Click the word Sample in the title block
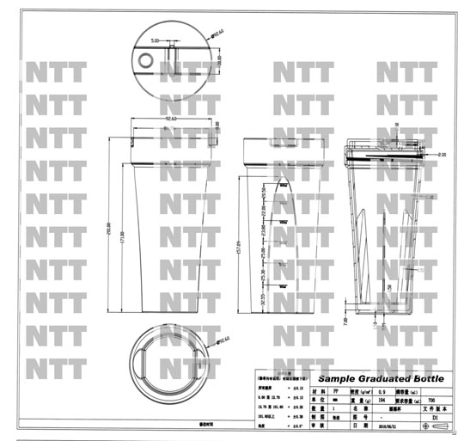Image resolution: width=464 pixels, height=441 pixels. click(x=339, y=380)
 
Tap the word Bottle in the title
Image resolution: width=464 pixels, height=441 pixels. click(x=421, y=380)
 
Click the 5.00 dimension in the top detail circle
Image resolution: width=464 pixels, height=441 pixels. click(x=156, y=40)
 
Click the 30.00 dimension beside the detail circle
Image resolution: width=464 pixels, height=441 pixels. click(x=219, y=64)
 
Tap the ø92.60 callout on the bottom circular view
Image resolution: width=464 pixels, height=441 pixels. click(x=226, y=341)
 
